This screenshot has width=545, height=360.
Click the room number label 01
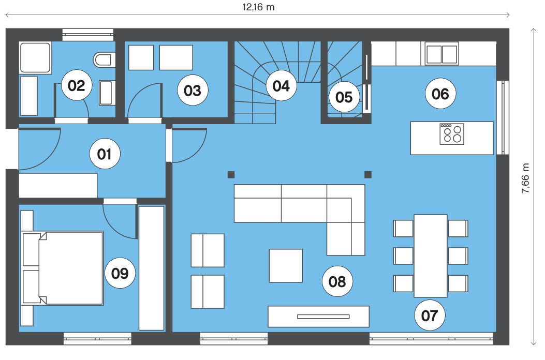(x=105, y=154)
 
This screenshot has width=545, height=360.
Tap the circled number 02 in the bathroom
(x=77, y=85)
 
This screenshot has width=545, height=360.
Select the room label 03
(x=193, y=91)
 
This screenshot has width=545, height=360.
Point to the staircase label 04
(x=281, y=86)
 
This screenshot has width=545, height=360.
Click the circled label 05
(x=344, y=97)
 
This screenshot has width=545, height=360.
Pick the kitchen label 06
(x=440, y=94)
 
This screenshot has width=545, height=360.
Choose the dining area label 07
(x=430, y=316)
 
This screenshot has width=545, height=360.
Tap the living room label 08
(x=337, y=281)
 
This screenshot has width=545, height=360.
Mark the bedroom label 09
(x=120, y=273)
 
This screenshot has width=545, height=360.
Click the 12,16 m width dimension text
(x=259, y=7)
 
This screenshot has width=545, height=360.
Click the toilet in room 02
(x=104, y=60)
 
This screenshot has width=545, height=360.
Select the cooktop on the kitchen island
(x=452, y=134)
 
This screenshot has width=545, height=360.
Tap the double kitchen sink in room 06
(x=442, y=54)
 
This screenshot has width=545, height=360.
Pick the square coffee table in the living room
(x=286, y=265)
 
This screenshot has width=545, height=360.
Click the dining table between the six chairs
(x=430, y=256)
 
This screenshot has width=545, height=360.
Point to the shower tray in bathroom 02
(x=35, y=58)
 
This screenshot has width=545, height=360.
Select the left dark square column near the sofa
(x=231, y=174)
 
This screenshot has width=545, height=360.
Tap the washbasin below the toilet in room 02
(x=107, y=93)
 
